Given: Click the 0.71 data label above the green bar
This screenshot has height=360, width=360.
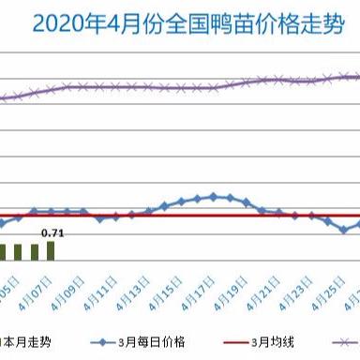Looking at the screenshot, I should point(52,232).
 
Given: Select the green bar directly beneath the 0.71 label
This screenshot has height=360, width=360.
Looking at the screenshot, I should point(51,251).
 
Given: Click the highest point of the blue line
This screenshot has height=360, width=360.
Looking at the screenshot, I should point(214,196).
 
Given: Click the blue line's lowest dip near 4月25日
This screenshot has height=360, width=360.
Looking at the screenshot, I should point(344,229).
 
